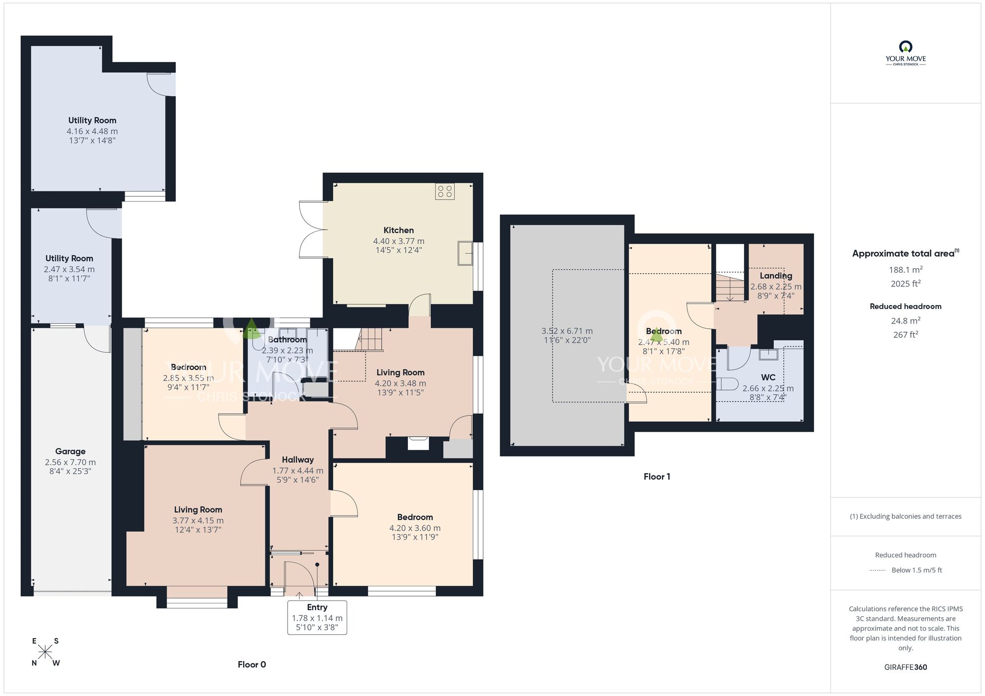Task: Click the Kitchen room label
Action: pos(398,230)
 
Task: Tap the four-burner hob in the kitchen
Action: pos(445,191)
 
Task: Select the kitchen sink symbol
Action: pos(465,253)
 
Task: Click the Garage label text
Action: pos(70,451)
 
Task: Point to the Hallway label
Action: pos(297,460)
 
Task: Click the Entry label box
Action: pos(317,617)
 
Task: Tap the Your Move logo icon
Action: pos(905,47)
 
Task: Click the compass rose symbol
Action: pos(45,652)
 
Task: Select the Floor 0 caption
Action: pos(252,664)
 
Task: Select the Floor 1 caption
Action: pos(657,476)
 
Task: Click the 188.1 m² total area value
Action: pos(905,270)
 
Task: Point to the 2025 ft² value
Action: pos(905,284)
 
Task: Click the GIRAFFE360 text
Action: pos(905,667)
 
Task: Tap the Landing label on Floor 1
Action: pos(776,276)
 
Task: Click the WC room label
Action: pos(768,378)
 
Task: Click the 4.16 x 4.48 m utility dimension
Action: pos(92,131)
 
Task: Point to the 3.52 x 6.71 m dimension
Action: pos(567,331)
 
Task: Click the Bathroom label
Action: pos(287,340)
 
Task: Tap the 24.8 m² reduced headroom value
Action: pos(905,320)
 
